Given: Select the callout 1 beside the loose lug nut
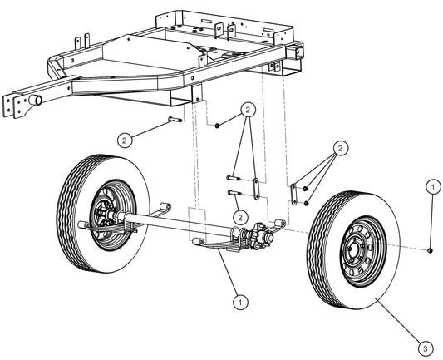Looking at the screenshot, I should pyautogui.click(x=432, y=187).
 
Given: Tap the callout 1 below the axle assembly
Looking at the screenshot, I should pyautogui.click(x=240, y=301).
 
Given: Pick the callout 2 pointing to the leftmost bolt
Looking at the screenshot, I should pyautogui.click(x=124, y=139).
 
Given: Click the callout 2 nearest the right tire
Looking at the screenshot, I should pyautogui.click(x=337, y=149).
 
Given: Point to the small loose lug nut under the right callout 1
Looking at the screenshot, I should pyautogui.click(x=431, y=249).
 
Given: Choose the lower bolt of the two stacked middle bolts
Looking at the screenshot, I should pyautogui.click(x=232, y=193).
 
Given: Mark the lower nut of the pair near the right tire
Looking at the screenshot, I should pyautogui.click(x=307, y=202).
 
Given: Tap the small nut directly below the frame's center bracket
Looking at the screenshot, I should pyautogui.click(x=217, y=125).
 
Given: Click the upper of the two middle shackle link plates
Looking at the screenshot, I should pyautogui.click(x=258, y=180).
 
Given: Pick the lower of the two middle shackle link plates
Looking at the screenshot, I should pyautogui.click(x=258, y=196).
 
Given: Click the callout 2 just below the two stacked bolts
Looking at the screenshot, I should pyautogui.click(x=240, y=217).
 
